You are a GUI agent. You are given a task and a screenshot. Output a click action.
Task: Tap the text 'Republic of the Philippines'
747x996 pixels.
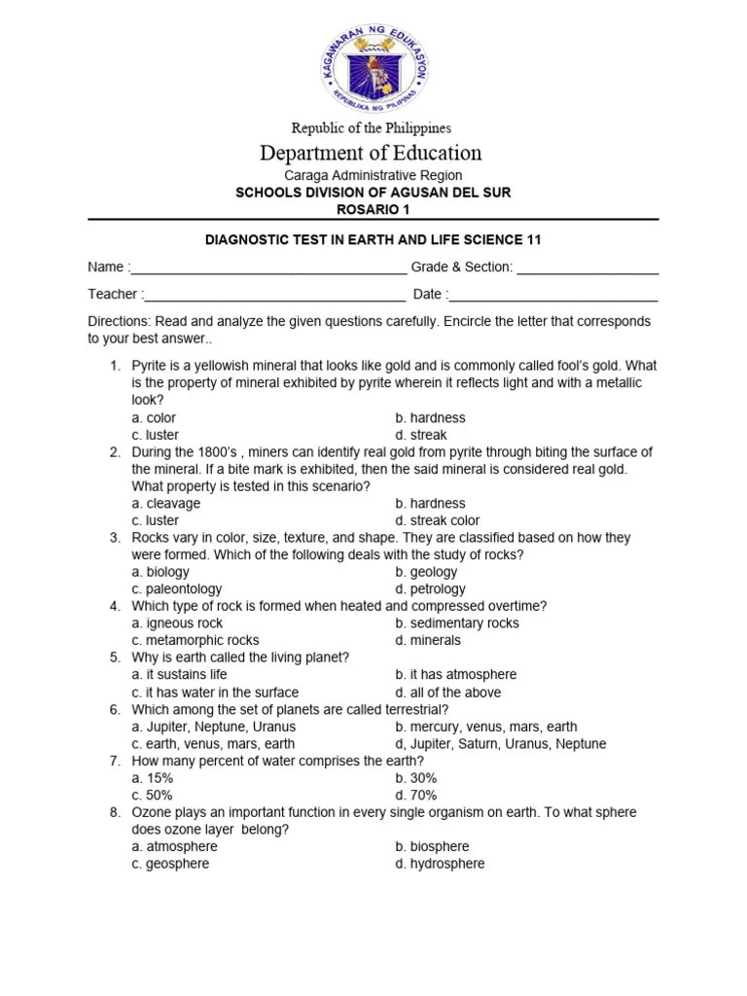[373, 127]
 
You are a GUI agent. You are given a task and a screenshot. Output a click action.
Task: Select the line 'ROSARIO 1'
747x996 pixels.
[373, 209]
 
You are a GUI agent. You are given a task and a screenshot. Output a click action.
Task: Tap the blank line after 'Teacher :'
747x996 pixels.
[275, 295]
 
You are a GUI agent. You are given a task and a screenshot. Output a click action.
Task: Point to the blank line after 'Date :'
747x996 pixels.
[554, 295]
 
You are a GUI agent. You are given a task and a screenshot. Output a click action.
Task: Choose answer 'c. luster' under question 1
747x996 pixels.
[156, 435]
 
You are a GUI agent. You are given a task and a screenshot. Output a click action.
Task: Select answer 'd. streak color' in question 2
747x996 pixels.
[438, 520]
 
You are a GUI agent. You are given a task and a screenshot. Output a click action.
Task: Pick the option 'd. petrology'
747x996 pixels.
[430, 588]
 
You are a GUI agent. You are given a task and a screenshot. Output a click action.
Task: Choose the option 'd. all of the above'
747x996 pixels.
[443, 693]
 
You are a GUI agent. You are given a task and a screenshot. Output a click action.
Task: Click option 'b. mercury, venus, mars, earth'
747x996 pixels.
[486, 727]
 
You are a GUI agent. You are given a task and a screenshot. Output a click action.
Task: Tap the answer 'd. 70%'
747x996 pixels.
[416, 795]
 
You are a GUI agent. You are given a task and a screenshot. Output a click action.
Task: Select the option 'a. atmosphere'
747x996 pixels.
[175, 846]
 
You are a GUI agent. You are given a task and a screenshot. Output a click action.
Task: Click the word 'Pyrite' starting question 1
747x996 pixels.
[151, 367]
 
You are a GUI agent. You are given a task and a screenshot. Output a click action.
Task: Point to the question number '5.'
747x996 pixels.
[115, 658]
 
